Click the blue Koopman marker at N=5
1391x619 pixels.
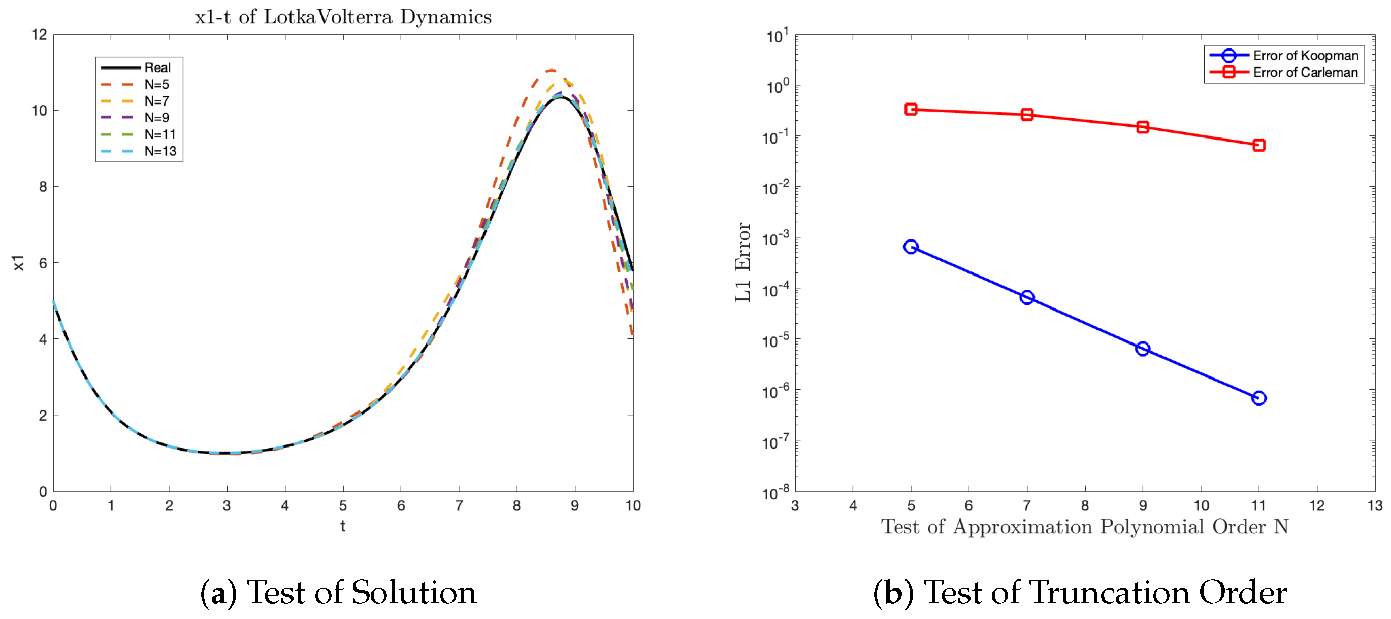pos(911,247)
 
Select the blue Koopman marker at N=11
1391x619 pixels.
pos(1258,398)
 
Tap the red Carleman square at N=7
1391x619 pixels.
pos(1026,114)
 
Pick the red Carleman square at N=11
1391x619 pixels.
pos(1258,145)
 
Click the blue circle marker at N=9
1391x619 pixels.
pos(1142,349)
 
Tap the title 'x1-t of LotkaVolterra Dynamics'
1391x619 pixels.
pos(343,17)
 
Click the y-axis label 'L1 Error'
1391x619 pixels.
pos(743,262)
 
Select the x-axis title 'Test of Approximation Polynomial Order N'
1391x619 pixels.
pos(1084,526)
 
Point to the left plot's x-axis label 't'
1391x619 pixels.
pos(342,526)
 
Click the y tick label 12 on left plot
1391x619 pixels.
pos(39,35)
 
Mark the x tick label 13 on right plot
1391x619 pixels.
pos(1374,506)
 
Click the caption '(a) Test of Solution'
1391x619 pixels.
pos(338,593)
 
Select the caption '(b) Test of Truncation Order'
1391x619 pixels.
pos(1080,593)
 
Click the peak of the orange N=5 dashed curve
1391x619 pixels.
pos(551,70)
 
